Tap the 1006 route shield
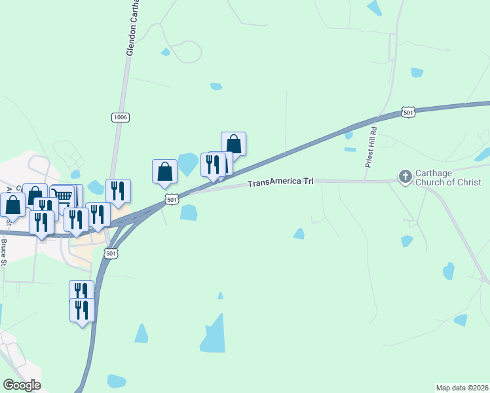(120, 117)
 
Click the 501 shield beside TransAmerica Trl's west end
(172, 199)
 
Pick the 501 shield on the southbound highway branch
(111, 253)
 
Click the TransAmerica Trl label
(281, 183)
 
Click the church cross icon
(405, 176)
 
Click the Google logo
(22, 385)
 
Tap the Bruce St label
(4, 253)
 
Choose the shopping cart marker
(62, 196)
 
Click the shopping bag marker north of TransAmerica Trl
(233, 143)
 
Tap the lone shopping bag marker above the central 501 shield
(165, 172)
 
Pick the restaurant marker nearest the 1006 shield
(118, 191)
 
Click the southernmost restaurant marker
(82, 309)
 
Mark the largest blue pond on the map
(213, 335)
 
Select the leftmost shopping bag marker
(13, 205)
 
